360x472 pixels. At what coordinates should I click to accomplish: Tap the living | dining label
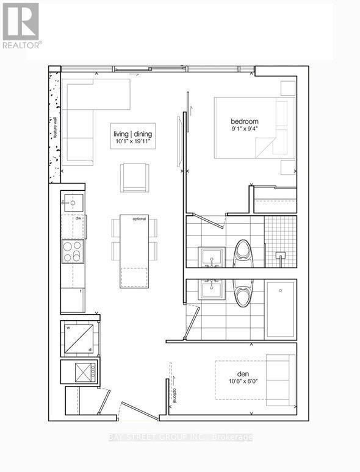132,134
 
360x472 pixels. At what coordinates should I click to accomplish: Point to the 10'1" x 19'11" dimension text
132,141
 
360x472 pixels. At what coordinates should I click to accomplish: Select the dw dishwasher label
78,218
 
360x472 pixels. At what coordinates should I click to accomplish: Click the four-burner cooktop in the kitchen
73,251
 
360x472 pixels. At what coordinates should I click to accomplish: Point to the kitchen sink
73,202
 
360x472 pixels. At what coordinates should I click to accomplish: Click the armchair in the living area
134,177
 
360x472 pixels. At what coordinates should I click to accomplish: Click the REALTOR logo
22,26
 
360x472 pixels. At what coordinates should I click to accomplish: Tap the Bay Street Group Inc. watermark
180,437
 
